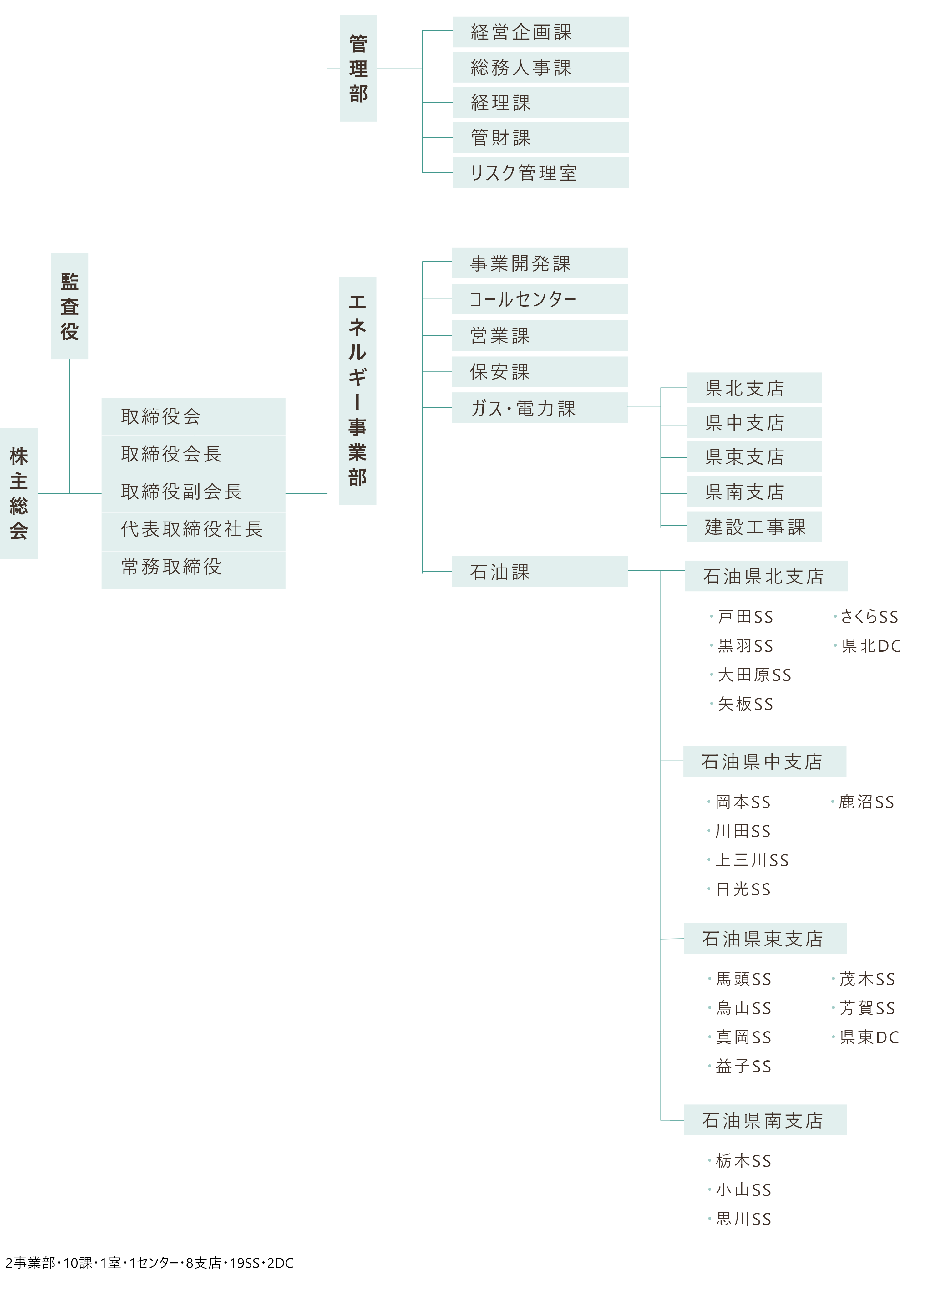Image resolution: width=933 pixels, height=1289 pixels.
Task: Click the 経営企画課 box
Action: [x=540, y=32]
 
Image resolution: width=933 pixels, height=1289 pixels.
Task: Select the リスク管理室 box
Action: [x=540, y=173]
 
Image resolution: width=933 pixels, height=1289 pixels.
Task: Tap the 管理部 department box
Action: [x=358, y=68]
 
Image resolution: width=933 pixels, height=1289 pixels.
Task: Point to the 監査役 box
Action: [x=69, y=306]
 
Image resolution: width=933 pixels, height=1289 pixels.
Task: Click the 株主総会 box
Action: [x=19, y=493]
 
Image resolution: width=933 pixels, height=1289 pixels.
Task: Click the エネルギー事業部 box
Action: [x=357, y=391]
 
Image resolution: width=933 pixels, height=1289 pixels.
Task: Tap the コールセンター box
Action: [x=540, y=299]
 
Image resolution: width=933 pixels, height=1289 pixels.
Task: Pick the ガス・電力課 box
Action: [x=540, y=407]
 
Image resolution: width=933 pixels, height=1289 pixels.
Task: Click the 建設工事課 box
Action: [x=754, y=527]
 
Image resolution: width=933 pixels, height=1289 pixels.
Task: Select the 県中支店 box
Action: [x=754, y=422]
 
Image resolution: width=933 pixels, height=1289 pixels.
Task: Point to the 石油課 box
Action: [x=540, y=572]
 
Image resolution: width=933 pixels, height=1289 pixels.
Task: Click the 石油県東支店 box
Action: [x=765, y=938]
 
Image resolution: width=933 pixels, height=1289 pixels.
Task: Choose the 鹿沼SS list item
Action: [x=863, y=802]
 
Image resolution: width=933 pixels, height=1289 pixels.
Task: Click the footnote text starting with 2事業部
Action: [x=150, y=1263]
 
